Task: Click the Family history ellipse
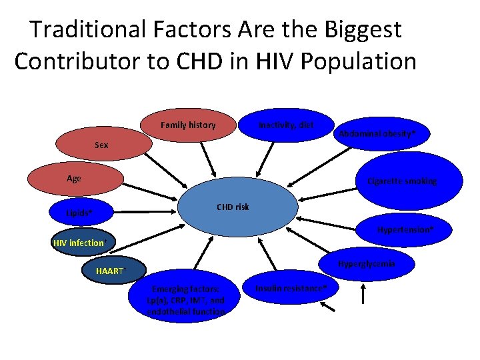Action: (x=188, y=125)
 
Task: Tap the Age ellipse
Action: (x=74, y=179)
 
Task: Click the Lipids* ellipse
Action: (x=80, y=213)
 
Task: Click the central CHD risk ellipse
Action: (x=233, y=207)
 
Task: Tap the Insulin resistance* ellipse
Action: (x=293, y=288)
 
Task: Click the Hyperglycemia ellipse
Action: (x=366, y=263)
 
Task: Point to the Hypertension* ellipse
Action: (x=405, y=230)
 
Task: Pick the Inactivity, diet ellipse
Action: (x=287, y=125)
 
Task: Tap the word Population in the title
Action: (x=359, y=61)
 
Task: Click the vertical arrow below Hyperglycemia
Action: (x=363, y=294)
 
